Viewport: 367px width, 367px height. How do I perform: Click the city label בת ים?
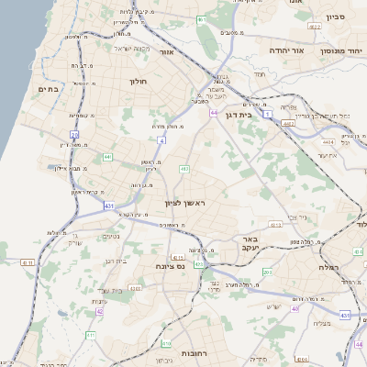click(48, 89)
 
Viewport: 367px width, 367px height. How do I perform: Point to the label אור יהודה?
click(284, 50)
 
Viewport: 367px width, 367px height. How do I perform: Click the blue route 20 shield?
click(74, 135)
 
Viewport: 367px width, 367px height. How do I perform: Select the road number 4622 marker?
click(314, 28)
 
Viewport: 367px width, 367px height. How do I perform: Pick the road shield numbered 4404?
click(328, 142)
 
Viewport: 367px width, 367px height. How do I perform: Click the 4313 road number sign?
click(136, 289)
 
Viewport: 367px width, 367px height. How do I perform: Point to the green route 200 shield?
click(268, 272)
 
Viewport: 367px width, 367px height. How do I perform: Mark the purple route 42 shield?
click(99, 311)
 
